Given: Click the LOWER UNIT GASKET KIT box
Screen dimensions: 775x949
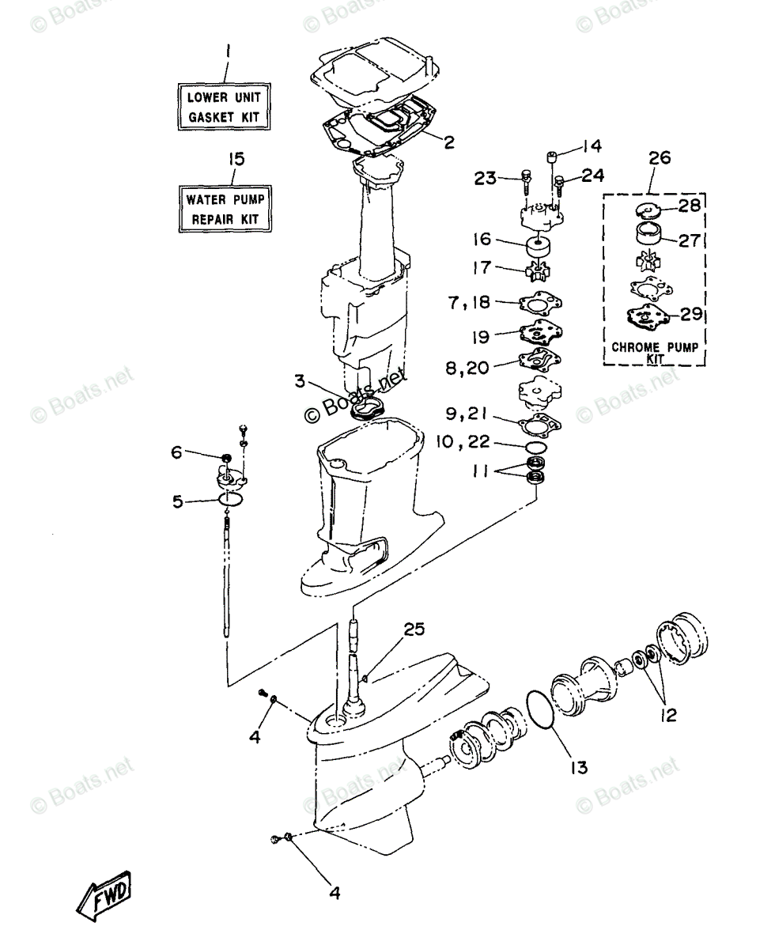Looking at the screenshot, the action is click(x=224, y=107).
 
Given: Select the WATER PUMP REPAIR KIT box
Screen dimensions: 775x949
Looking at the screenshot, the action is click(x=225, y=209).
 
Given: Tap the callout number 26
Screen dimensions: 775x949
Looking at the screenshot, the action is click(x=660, y=158).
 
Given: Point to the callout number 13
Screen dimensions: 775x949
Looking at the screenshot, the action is click(x=579, y=767).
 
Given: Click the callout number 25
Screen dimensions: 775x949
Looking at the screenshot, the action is click(x=414, y=629).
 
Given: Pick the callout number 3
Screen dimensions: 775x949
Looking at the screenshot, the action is click(x=300, y=381).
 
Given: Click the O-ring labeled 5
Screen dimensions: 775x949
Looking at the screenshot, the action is click(x=230, y=499).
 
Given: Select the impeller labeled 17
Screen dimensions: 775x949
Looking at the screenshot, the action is click(x=538, y=272).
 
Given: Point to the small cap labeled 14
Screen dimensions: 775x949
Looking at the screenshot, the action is click(x=552, y=158).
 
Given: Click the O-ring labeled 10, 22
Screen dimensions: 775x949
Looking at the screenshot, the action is click(x=536, y=448).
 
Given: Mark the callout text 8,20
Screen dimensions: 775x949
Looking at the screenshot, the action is click(x=467, y=368).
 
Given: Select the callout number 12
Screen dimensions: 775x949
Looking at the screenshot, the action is click(x=669, y=716).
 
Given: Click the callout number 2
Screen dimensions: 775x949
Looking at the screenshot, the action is click(x=449, y=142).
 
